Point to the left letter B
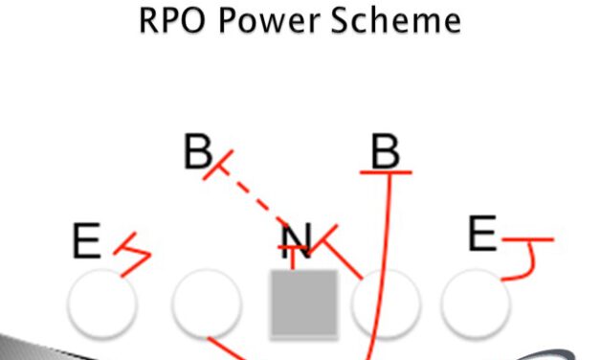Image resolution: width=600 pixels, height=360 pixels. click(197, 152)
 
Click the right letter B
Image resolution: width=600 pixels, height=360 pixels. click(385, 150)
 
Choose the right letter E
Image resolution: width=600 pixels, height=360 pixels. click(482, 234)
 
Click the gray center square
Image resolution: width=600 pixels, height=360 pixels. click(304, 303)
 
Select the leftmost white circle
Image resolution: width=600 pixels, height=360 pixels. click(102, 303)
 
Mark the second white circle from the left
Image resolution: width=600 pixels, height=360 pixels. click(206, 303)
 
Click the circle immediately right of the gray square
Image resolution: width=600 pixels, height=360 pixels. click(386, 303)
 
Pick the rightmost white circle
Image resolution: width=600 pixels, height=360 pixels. click(476, 303)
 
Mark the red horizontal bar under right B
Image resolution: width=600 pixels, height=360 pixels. click(386, 172)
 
